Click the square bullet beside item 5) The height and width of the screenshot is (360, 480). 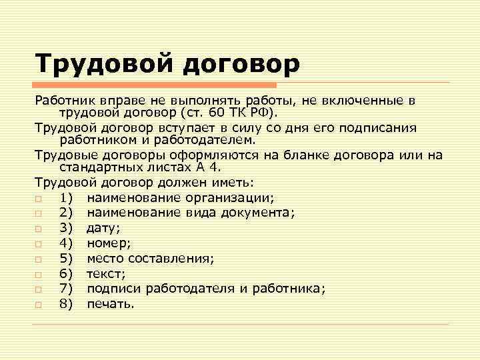(39, 259)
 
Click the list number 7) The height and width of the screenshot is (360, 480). (66, 289)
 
